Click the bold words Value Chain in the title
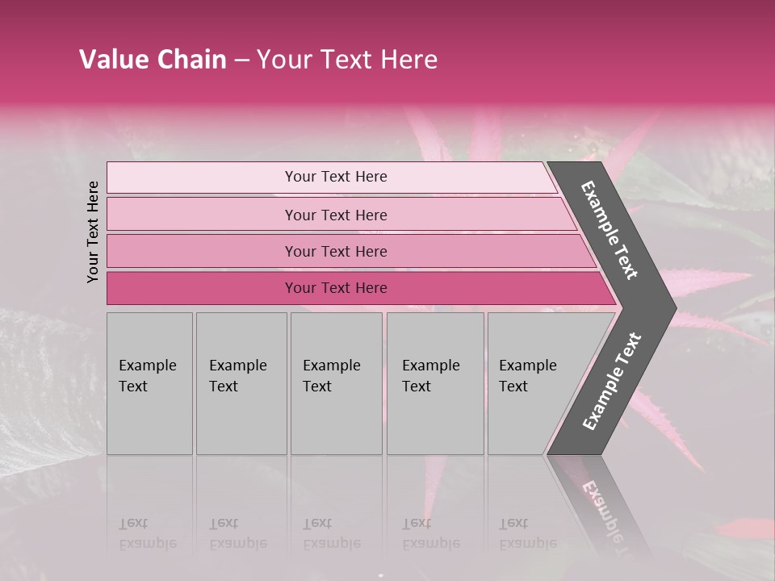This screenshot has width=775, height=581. coord(153,60)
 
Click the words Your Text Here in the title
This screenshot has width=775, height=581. coord(347,60)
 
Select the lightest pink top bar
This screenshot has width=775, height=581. coord(202,178)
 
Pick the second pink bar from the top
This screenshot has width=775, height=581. coord(202,215)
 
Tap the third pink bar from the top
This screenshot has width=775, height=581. coord(202,251)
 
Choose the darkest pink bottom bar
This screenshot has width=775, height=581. coord(202,288)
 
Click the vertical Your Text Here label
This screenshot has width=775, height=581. coord(93,232)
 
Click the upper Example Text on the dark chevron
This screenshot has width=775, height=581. coord(610,230)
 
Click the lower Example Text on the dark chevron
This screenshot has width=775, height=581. coord(612,381)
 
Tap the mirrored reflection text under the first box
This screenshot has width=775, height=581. coord(147,533)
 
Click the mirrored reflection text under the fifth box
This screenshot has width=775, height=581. coord(527,533)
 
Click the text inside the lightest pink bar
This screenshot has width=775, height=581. coord(336,177)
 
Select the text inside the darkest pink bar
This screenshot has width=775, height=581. coord(336,288)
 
